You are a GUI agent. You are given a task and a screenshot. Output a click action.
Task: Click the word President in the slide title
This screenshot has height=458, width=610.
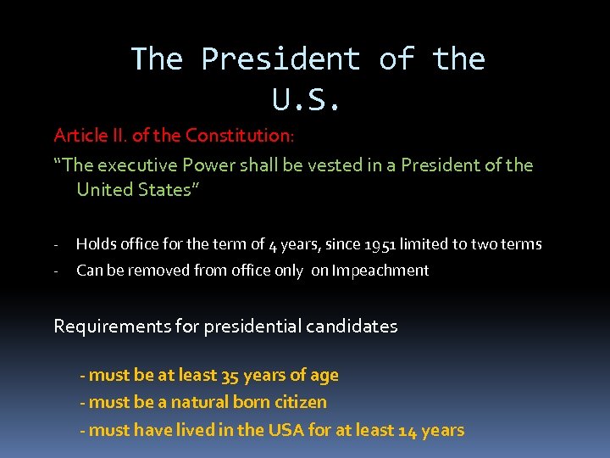pyautogui.click(x=280, y=59)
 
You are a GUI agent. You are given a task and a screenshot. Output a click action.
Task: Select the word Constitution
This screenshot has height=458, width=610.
pyautogui.click(x=239, y=136)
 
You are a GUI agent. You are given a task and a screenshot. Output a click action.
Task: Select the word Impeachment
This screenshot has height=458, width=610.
pyautogui.click(x=380, y=271)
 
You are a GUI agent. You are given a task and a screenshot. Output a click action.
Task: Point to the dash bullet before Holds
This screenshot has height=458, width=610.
pyautogui.click(x=55, y=244)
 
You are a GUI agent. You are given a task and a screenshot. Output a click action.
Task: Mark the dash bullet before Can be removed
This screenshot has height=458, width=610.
pyautogui.click(x=55, y=271)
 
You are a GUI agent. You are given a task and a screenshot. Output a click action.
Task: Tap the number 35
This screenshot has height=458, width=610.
pyautogui.click(x=230, y=375)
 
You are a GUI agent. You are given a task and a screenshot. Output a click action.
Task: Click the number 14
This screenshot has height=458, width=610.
pyautogui.click(x=407, y=430)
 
